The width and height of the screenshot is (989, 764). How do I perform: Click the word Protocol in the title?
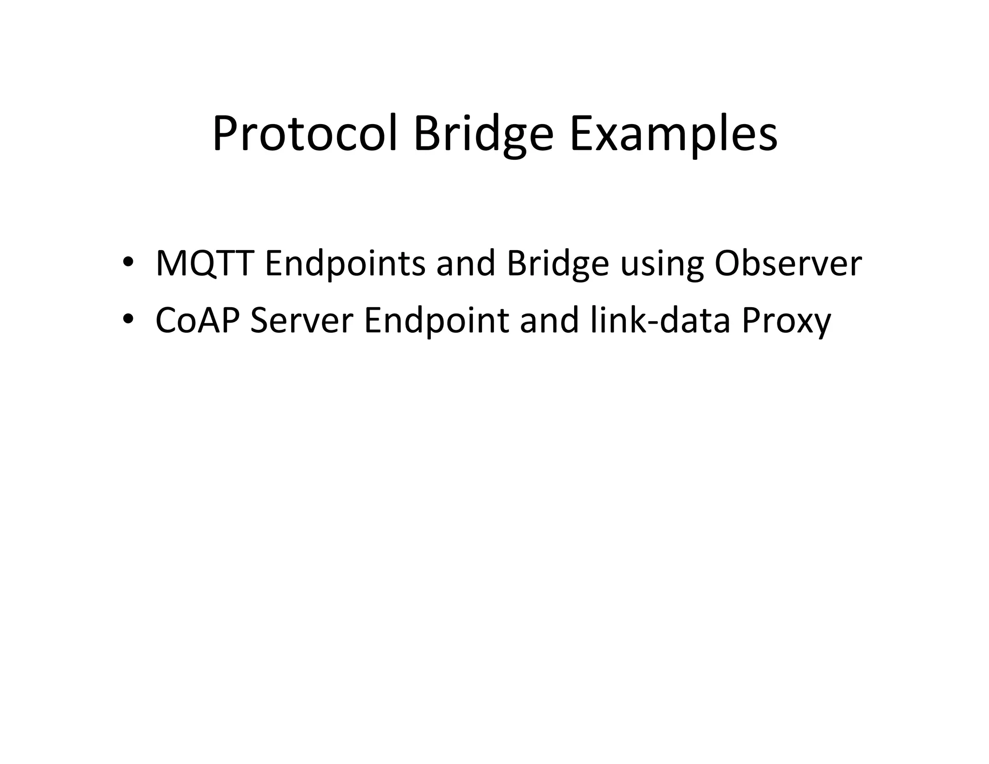304,133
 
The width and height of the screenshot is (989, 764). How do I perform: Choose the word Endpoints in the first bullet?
345,264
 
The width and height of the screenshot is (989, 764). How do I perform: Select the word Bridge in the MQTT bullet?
557,264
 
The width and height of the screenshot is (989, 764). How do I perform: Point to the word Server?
302,320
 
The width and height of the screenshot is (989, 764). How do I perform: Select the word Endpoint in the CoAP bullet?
437,321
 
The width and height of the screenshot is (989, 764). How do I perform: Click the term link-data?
660,320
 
